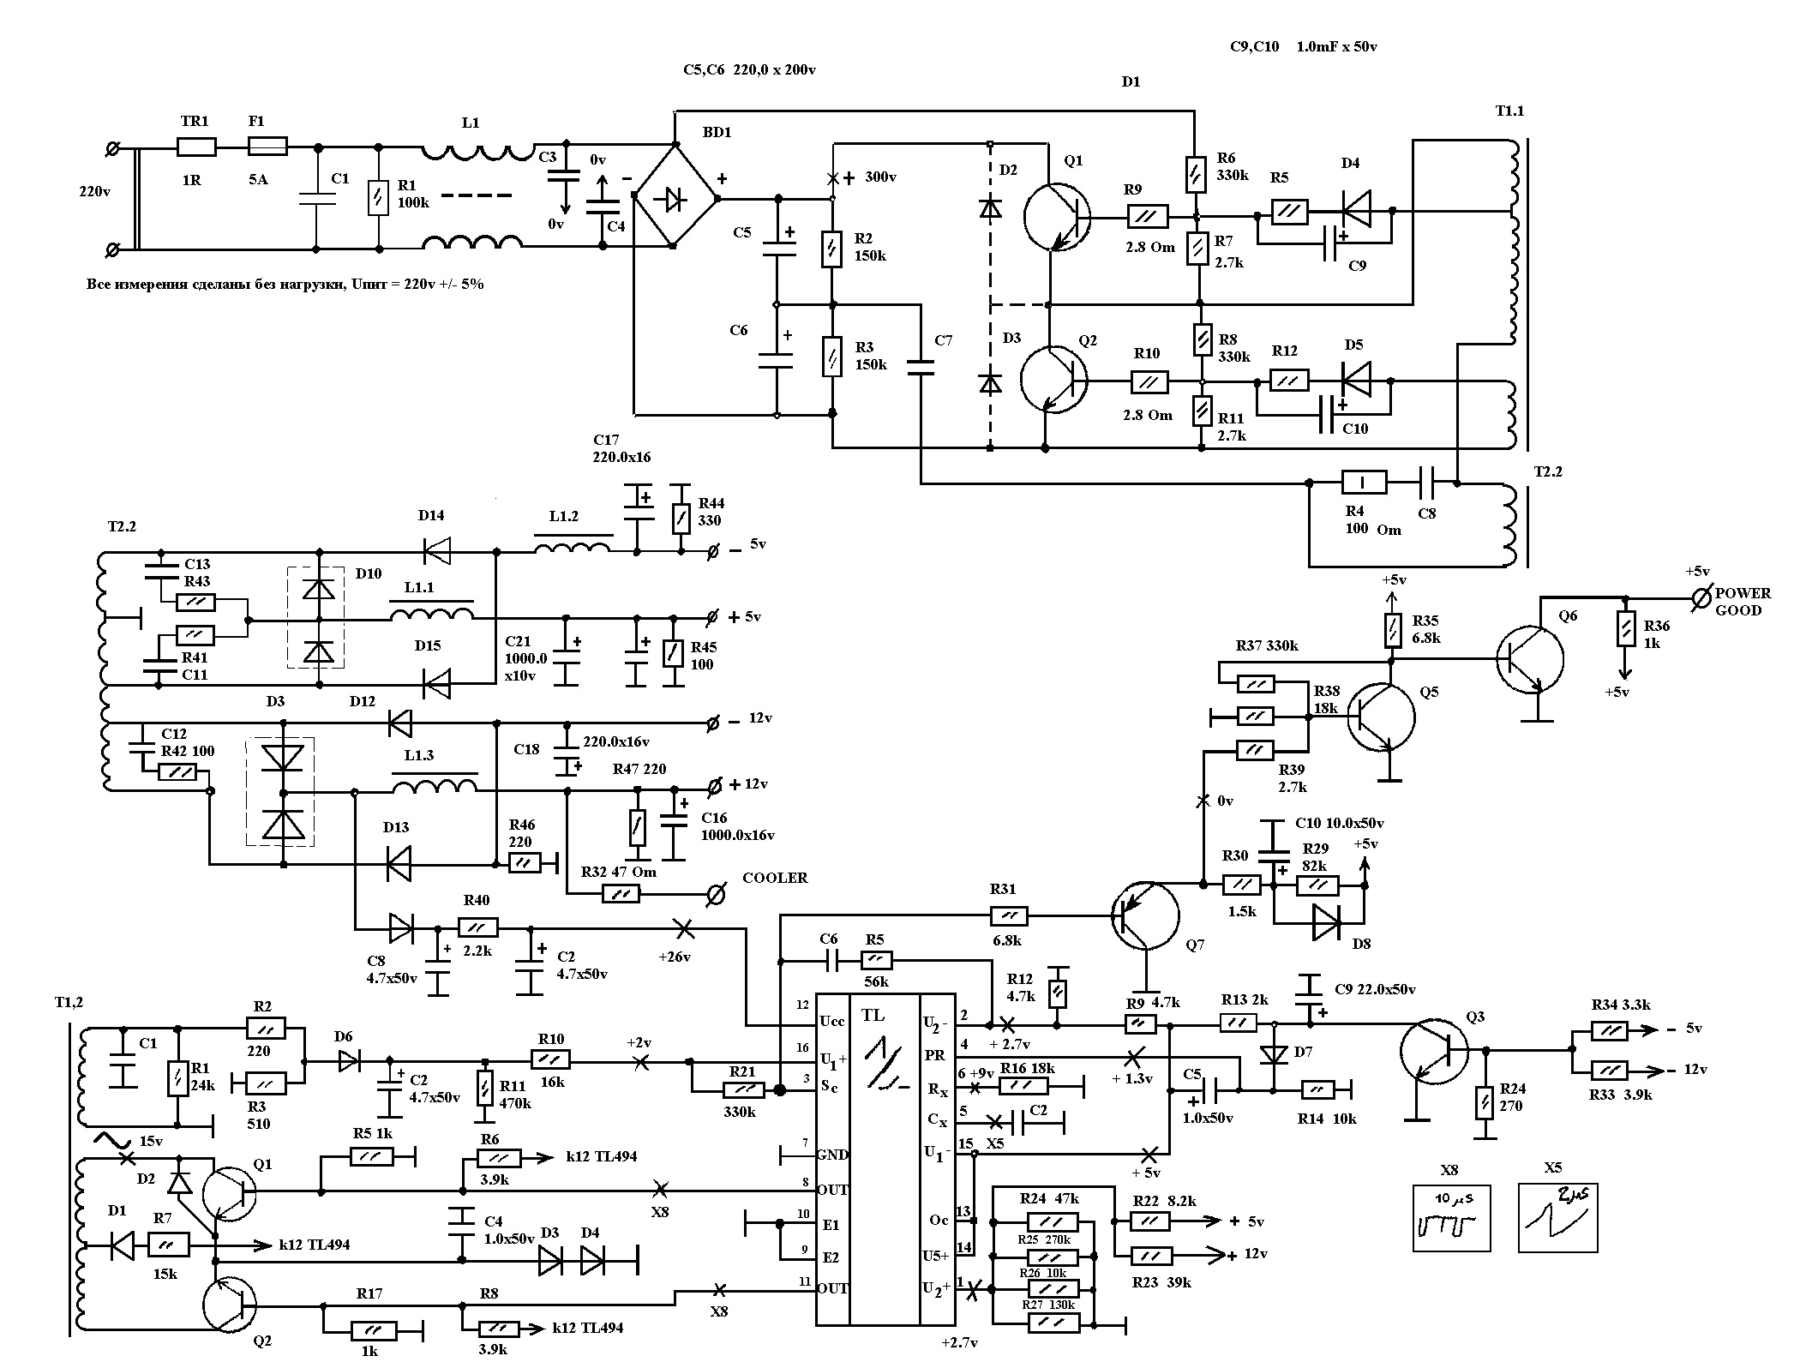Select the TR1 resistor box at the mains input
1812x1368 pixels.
click(x=196, y=147)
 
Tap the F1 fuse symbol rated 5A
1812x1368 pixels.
click(x=267, y=147)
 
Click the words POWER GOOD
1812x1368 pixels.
click(x=1743, y=602)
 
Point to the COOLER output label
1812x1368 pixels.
click(x=775, y=878)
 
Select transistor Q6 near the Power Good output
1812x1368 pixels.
click(x=1531, y=659)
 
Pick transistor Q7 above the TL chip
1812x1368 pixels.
click(x=1145, y=915)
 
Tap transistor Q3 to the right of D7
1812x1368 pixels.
click(x=1433, y=1050)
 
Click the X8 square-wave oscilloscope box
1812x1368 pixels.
click(x=1451, y=1218)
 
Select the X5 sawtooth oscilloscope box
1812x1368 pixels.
click(x=1558, y=1218)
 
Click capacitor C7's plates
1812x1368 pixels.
click(x=921, y=368)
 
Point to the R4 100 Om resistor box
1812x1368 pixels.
click(x=1363, y=483)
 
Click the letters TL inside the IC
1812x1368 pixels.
click(x=873, y=1017)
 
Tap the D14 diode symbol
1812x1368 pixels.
click(x=437, y=552)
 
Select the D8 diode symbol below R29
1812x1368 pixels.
click(x=1327, y=922)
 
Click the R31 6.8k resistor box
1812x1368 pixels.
click(x=1009, y=915)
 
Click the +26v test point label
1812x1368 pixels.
click(x=674, y=957)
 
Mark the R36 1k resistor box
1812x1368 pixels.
click(x=1624, y=627)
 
